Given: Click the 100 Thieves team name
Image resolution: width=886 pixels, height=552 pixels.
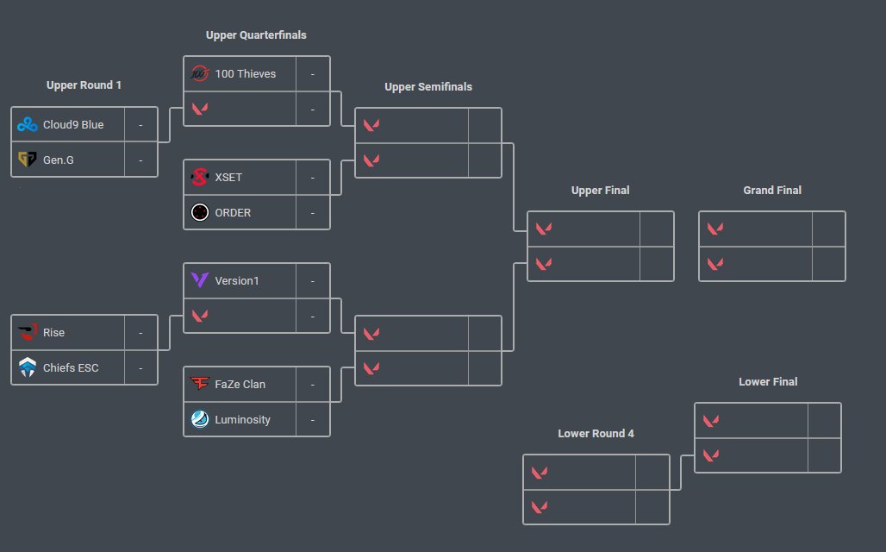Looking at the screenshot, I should point(245,74).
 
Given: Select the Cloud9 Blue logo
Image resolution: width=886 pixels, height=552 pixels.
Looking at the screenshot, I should point(28,125).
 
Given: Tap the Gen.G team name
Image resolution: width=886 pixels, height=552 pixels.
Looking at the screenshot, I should point(58,160).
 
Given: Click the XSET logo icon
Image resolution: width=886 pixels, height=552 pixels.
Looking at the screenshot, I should point(200,178).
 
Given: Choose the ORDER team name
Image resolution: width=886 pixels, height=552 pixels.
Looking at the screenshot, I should point(233,212).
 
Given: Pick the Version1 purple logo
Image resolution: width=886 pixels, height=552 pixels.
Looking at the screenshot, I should point(200,280).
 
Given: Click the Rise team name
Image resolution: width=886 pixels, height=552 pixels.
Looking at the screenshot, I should point(53,333).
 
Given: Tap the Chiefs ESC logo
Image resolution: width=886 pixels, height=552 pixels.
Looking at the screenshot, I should point(28,368).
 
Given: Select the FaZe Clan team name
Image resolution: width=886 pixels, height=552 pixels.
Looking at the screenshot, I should point(240,385).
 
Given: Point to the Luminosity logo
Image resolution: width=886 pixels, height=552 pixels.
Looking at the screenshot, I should point(200,420).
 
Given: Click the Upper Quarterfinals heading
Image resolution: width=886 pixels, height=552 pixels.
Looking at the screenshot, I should point(256,35).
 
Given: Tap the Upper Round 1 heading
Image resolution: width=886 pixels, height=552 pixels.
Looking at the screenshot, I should point(84,85).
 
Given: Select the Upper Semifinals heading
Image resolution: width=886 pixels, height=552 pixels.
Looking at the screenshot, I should point(428,87).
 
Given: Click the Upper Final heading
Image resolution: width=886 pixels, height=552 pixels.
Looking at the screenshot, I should point(600,191).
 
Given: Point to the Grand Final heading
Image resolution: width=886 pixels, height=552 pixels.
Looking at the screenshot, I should point(772,191).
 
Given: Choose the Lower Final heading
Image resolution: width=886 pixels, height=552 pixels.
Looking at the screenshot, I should point(768,382).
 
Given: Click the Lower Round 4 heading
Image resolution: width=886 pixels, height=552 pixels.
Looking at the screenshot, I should point(596,434).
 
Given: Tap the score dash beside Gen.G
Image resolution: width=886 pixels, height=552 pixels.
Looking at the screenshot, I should point(140,160).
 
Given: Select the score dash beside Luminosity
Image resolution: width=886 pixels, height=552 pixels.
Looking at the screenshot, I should point(313,420).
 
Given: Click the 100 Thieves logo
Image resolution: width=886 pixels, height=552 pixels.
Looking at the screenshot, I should point(200,74).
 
